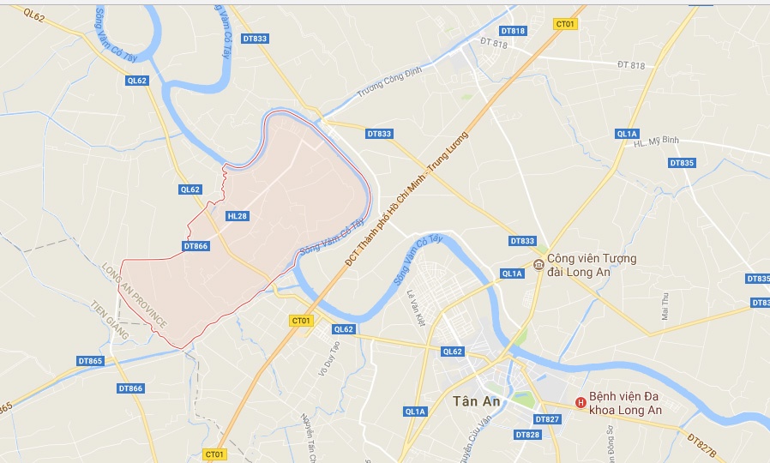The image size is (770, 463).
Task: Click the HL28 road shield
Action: coord(238,216)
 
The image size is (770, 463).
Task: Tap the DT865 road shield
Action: coord(90,361)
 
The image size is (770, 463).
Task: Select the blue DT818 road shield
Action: coord(513,31)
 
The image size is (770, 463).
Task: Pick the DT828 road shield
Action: coord(528,435)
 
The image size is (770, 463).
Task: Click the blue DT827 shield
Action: coord(546,419)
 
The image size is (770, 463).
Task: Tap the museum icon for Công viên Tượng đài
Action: coord(538,264)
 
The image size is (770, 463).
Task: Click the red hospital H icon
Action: coord(581,401)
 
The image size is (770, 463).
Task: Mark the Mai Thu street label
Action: coord(665,306)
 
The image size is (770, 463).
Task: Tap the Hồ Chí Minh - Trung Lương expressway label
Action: coord(410,198)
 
